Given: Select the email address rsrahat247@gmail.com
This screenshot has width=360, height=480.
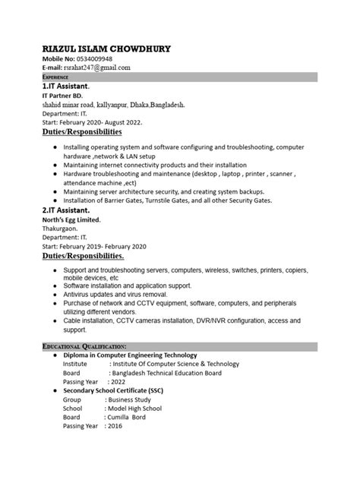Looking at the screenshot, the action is tap(98, 68).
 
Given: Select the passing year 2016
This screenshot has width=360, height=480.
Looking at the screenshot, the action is tap(115, 427).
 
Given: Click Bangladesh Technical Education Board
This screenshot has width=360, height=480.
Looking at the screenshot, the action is tap(166, 373).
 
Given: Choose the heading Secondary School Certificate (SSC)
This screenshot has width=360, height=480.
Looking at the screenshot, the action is tap(125, 390).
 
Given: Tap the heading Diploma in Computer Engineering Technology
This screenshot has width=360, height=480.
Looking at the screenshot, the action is tap(130, 355).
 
